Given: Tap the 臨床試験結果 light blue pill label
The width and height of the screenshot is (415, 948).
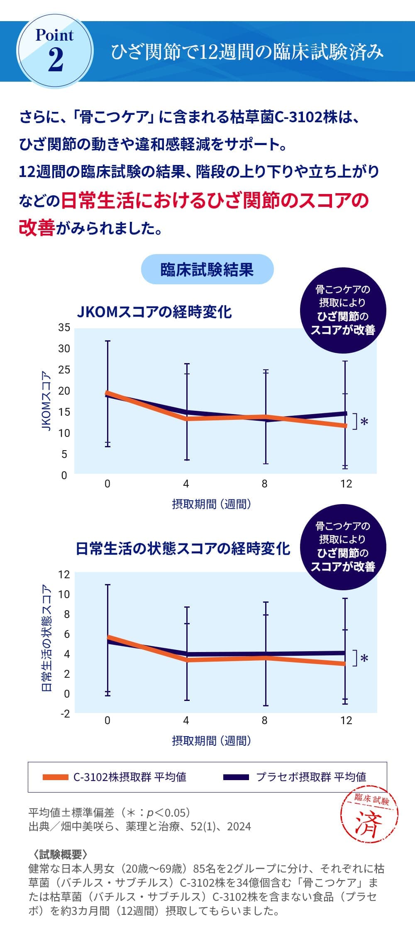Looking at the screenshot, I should (207, 269).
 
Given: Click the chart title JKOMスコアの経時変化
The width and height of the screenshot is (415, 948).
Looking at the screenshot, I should (154, 312).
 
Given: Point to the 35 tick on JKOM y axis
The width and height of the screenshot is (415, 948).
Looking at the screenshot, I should (64, 328).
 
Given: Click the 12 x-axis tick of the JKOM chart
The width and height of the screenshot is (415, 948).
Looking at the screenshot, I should (346, 484).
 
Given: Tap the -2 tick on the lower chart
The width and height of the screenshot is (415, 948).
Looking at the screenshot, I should (64, 714).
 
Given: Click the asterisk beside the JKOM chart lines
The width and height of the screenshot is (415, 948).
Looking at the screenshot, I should (364, 422).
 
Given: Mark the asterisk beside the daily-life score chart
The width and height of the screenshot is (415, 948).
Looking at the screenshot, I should (364, 659).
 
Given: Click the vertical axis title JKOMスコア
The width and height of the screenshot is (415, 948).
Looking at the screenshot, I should (47, 401).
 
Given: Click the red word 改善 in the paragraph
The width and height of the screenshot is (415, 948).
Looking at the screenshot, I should (37, 228).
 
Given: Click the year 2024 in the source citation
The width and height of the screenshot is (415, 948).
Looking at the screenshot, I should (239, 827).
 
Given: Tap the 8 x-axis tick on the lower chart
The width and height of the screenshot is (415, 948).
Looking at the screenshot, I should (264, 720).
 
